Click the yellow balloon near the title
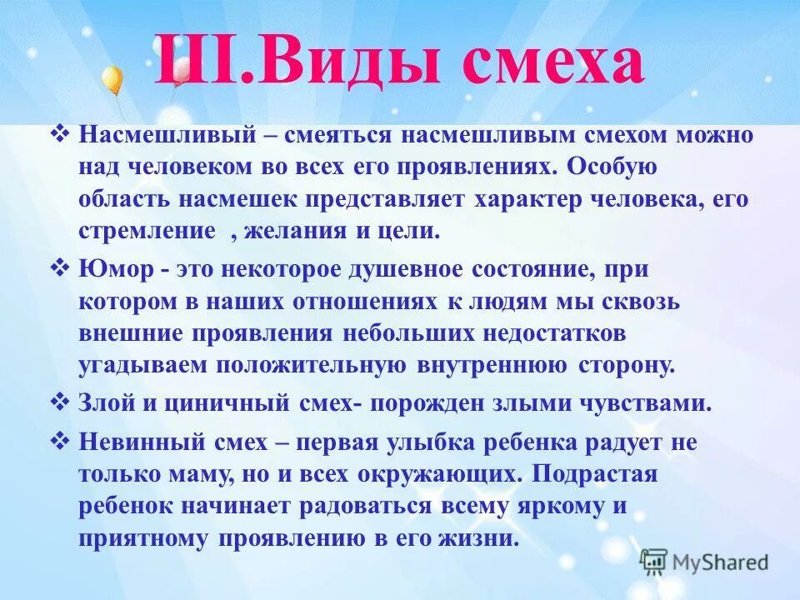click(x=112, y=81)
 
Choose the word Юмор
click(x=111, y=270)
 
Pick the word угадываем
click(x=143, y=365)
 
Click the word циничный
click(x=232, y=404)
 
